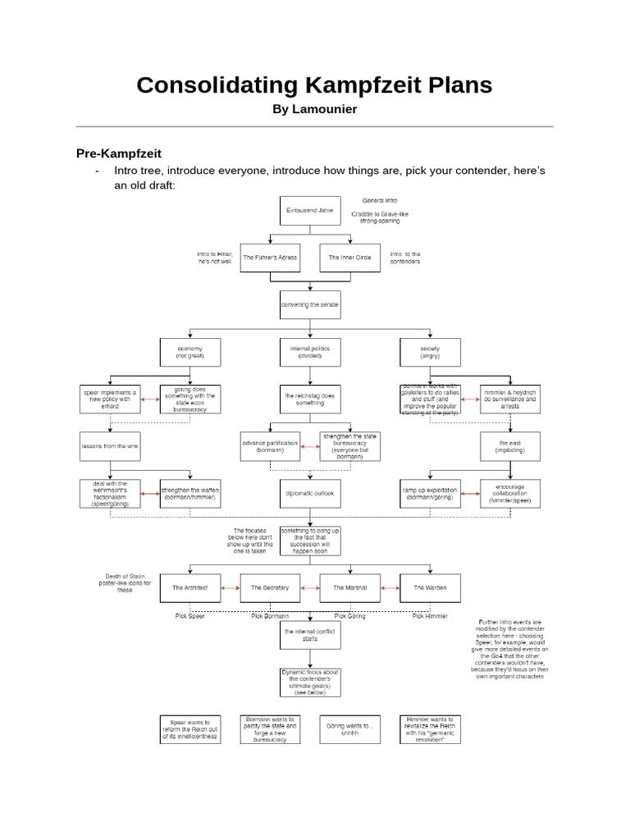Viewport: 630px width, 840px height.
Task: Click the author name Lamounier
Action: click(315, 109)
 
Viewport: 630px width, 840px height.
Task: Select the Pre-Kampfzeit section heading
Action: click(119, 153)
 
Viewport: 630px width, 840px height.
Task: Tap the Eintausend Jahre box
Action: click(308, 211)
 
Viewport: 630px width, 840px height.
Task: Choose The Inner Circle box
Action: click(349, 258)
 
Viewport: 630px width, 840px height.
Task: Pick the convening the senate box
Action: click(308, 305)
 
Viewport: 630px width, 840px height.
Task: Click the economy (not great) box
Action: click(189, 353)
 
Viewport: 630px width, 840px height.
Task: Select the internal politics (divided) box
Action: click(308, 353)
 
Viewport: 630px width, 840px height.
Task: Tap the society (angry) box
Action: click(429, 353)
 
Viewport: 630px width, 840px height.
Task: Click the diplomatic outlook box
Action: click(308, 493)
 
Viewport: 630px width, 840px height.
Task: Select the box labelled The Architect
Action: click(189, 588)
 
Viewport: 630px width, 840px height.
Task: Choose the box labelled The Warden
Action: click(430, 588)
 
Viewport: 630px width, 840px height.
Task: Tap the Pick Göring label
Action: click(349, 615)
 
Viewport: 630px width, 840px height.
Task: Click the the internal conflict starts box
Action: click(308, 635)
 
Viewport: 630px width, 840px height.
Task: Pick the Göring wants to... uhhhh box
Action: click(349, 728)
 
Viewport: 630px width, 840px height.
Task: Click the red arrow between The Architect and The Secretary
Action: click(230, 588)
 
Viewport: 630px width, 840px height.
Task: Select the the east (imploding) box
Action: click(509, 447)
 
